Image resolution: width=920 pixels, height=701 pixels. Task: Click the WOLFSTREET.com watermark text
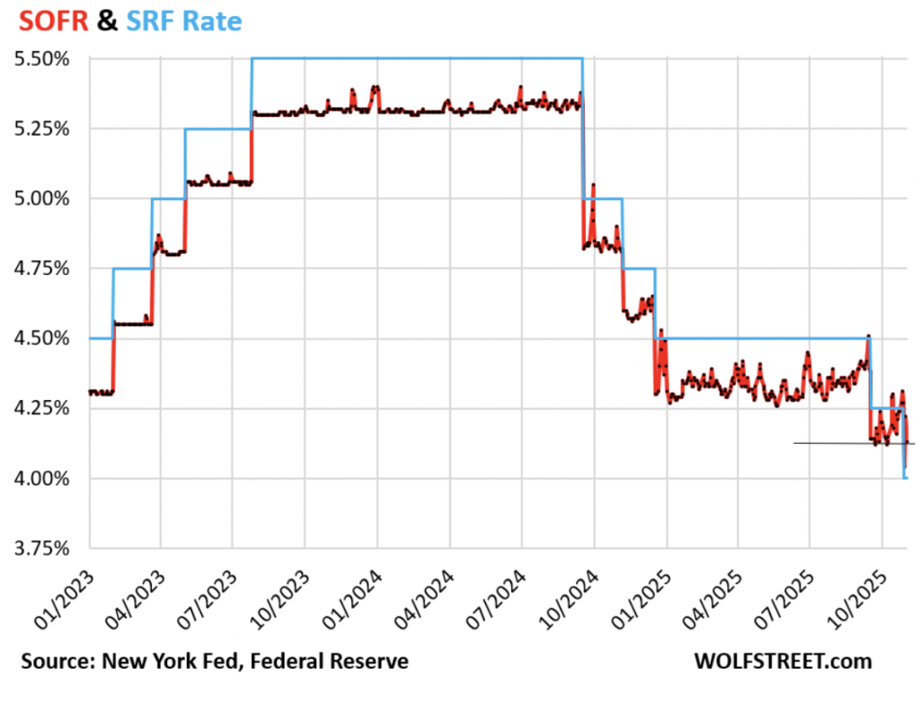(x=783, y=661)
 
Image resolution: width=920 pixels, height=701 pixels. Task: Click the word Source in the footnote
(x=52, y=661)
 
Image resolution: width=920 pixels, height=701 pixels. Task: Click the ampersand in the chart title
(x=107, y=21)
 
